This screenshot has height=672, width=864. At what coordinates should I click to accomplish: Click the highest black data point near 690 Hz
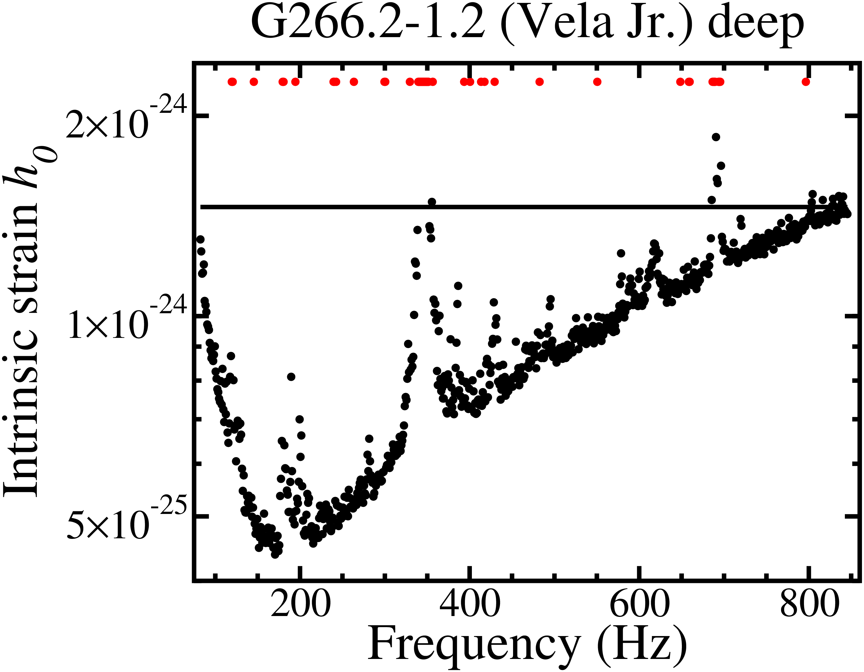pyautogui.click(x=716, y=137)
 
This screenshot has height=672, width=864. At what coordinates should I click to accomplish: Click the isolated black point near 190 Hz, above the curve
pyautogui.click(x=291, y=376)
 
